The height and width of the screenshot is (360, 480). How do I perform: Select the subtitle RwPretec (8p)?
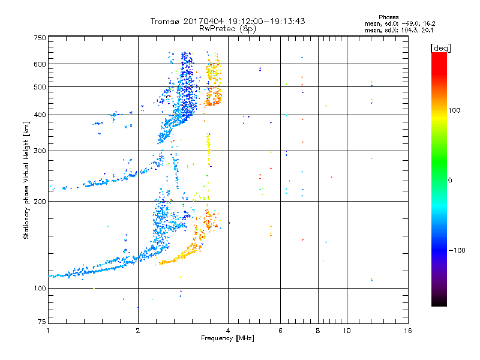click(227, 29)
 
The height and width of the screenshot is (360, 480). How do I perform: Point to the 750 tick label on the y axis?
click(40, 38)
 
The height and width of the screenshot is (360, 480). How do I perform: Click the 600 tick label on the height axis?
click(40, 64)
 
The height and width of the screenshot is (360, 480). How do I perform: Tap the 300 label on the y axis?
click(40, 151)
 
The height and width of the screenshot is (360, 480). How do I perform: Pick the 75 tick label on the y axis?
click(42, 322)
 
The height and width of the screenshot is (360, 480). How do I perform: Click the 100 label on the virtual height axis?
click(40, 288)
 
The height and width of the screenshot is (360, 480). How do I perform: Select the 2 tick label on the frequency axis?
click(138, 331)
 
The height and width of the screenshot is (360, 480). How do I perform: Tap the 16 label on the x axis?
click(408, 331)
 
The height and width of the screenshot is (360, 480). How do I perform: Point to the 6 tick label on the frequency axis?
click(280, 331)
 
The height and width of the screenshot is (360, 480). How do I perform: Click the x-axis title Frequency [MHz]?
click(227, 338)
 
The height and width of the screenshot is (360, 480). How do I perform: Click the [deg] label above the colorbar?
click(440, 48)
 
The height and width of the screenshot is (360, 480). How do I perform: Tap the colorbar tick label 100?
click(454, 110)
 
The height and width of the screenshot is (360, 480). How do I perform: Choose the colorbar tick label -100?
click(457, 250)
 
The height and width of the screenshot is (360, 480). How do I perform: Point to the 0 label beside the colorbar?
click(450, 180)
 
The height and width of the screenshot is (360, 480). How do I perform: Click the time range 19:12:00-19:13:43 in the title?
click(266, 21)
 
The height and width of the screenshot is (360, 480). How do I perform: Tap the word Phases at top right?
click(388, 17)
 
